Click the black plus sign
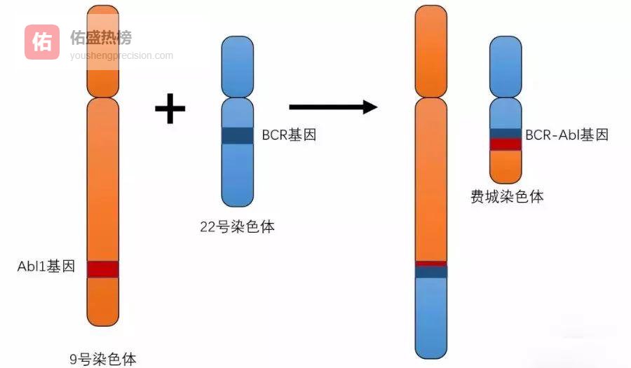[170, 109]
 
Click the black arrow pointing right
[333, 107]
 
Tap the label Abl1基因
[46, 266]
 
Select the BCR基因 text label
[289, 135]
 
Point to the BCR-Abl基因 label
[566, 135]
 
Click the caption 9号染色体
[103, 360]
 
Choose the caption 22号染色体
[237, 226]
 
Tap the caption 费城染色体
[507, 196]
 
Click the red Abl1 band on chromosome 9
[103, 268]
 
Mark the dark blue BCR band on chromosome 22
[237, 135]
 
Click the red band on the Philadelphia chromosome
[506, 144]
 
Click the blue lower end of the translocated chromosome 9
[431, 315]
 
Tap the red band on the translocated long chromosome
[431, 264]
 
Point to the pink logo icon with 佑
[42, 42]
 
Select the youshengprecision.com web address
[121, 56]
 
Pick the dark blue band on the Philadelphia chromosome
[506, 133]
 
